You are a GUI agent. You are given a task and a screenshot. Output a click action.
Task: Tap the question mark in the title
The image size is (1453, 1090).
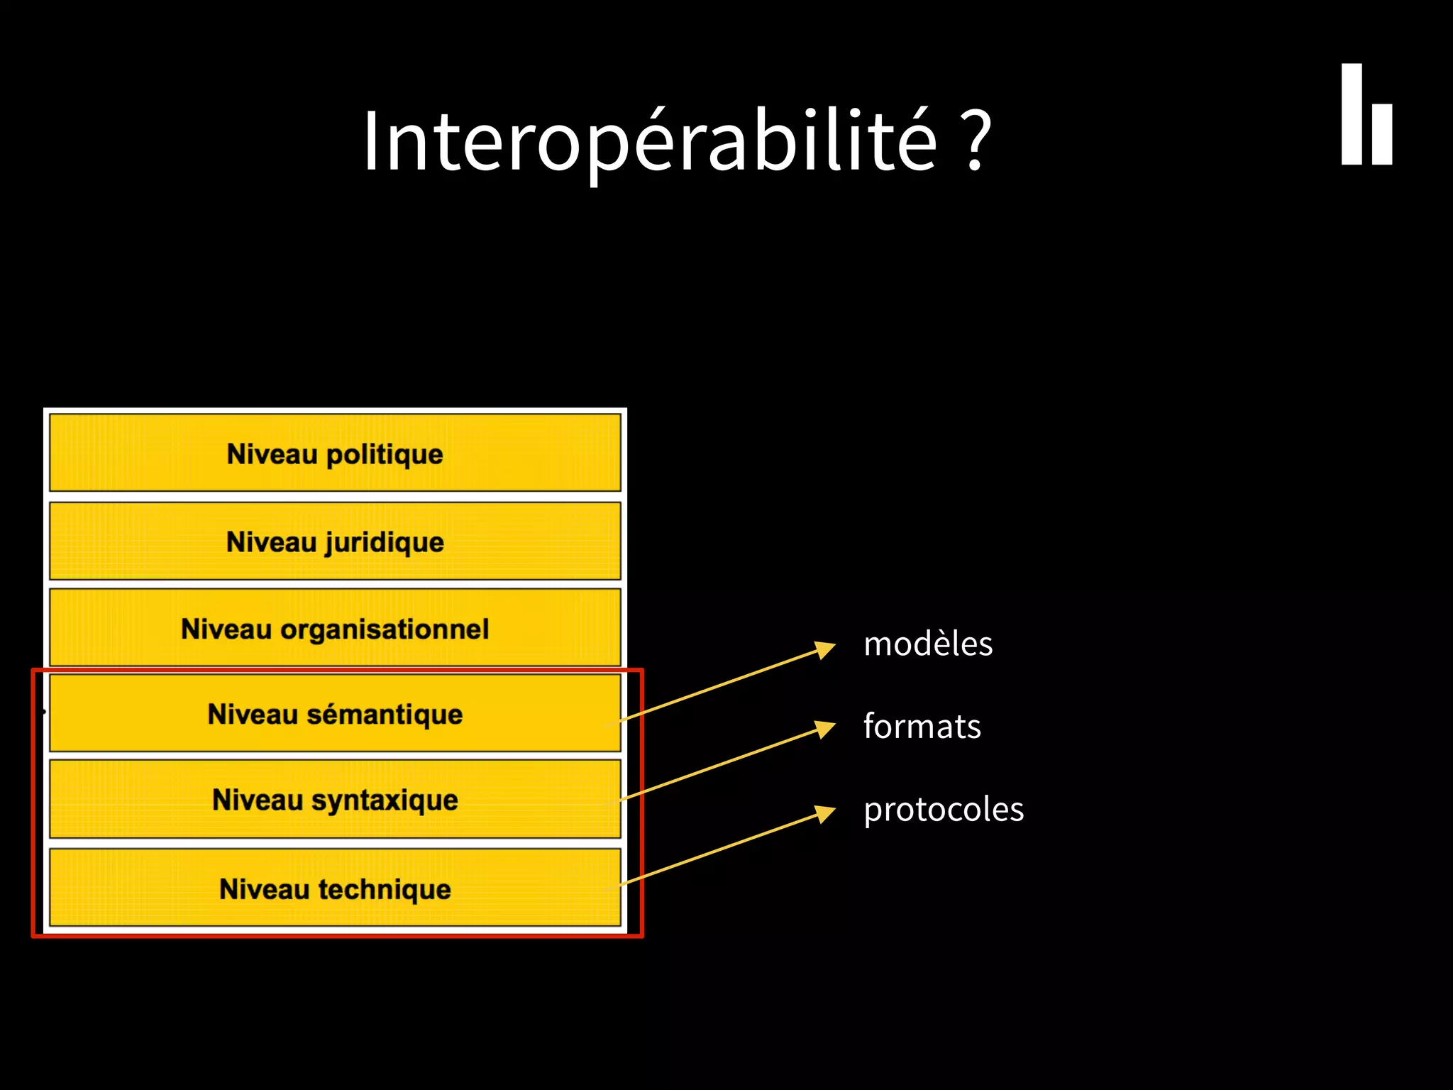pyautogui.click(x=978, y=141)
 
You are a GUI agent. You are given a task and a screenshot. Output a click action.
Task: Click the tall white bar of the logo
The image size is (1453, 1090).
pyautogui.click(x=1351, y=114)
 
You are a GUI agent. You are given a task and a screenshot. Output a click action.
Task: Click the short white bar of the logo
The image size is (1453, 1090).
pyautogui.click(x=1381, y=133)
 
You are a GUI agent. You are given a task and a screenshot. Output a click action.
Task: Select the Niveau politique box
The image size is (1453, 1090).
pyautogui.click(x=335, y=453)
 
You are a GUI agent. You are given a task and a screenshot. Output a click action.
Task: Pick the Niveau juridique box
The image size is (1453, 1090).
pyautogui.click(x=335, y=541)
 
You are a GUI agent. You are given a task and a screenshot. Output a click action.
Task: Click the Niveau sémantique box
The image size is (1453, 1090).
pyautogui.click(x=335, y=714)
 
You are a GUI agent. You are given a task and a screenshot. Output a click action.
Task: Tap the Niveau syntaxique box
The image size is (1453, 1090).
pyautogui.click(x=335, y=800)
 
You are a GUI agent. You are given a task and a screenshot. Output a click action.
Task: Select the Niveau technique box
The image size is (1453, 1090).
pyautogui.click(x=335, y=888)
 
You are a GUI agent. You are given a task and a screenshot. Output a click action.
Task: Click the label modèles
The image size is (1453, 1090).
pyautogui.click(x=927, y=644)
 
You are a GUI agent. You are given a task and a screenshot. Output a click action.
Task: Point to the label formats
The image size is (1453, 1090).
pyautogui.click(x=922, y=727)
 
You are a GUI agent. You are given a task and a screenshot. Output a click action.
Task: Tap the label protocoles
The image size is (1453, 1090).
pyautogui.click(x=943, y=810)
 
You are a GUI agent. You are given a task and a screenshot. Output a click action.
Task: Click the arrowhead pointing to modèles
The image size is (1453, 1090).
pyautogui.click(x=825, y=649)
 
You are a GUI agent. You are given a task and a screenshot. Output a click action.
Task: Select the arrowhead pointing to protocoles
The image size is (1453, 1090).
pyautogui.click(x=825, y=813)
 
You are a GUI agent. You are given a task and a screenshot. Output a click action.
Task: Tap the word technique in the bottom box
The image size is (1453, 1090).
pyautogui.click(x=384, y=889)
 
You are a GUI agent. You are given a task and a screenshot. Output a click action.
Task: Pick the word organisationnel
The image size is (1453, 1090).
pyautogui.click(x=384, y=629)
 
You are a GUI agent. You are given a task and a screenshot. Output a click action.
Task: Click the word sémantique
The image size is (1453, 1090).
pyautogui.click(x=384, y=715)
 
